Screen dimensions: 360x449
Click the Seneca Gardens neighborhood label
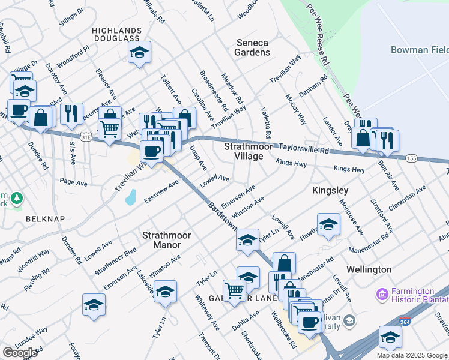252,47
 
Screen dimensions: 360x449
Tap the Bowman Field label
418,49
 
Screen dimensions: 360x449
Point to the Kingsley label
330,190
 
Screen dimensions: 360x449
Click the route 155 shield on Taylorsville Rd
411,158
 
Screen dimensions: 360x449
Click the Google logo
20,353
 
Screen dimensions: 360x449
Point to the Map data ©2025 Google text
412,355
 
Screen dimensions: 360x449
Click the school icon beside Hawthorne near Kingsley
328,225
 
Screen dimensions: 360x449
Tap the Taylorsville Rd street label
308,151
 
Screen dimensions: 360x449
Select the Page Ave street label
70,181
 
